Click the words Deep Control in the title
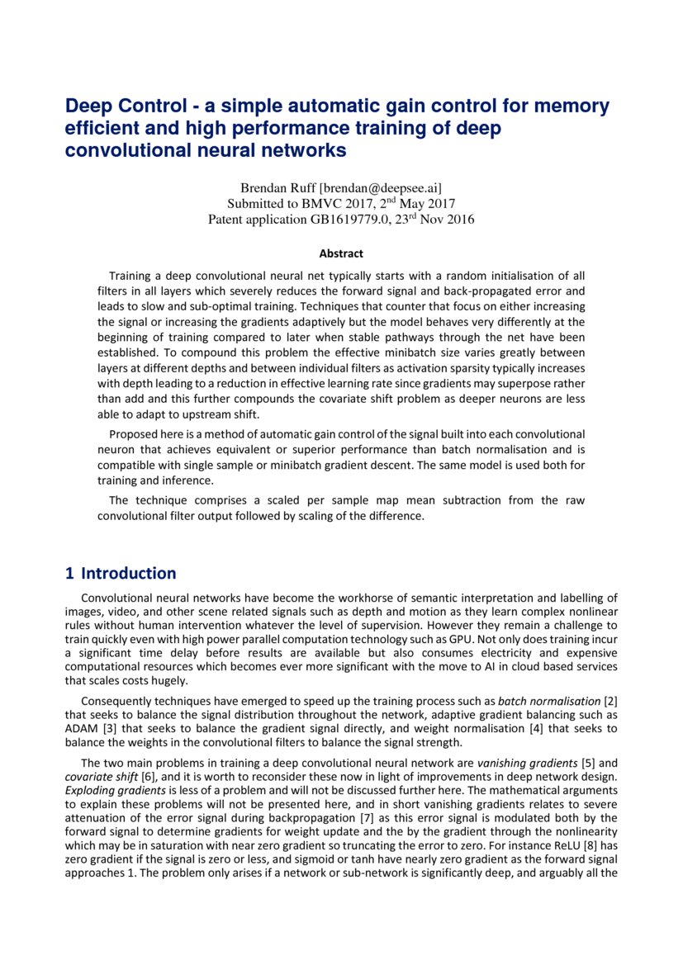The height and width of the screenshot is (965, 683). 119,106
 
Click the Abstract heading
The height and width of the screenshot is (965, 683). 341,253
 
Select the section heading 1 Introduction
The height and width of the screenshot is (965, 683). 121,573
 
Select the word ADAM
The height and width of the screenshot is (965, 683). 81,728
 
